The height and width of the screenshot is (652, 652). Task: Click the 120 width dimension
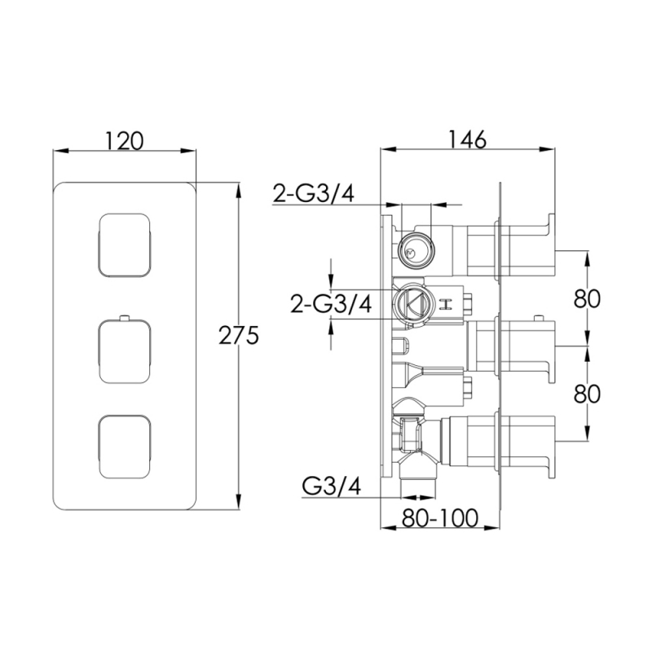tap(124, 140)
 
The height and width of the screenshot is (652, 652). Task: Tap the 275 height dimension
tap(239, 335)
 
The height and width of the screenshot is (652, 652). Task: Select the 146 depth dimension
tap(467, 139)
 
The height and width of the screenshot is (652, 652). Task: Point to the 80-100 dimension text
tap(440, 518)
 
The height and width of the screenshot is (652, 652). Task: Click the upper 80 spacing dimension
tap(587, 298)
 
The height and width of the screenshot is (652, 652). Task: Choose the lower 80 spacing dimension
tap(587, 394)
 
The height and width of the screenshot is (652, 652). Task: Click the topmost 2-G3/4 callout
tap(314, 193)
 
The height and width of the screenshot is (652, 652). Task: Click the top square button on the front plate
tap(125, 245)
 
